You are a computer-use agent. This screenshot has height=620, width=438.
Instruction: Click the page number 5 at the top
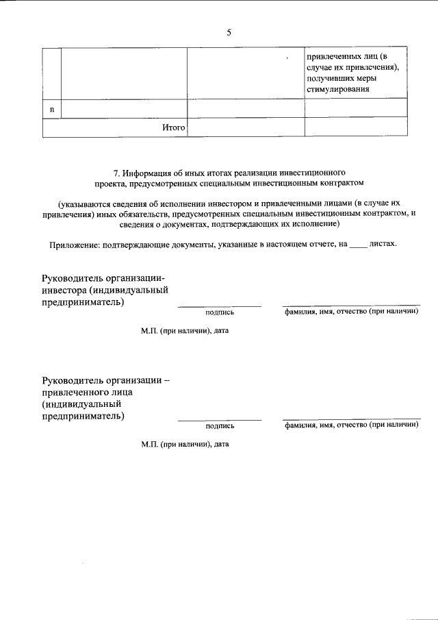[229, 32]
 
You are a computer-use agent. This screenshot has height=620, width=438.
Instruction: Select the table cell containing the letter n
[52, 108]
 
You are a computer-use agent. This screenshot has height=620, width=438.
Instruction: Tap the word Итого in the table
[174, 127]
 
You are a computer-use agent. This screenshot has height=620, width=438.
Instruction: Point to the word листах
[383, 244]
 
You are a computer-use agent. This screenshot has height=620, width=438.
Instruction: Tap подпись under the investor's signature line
[220, 312]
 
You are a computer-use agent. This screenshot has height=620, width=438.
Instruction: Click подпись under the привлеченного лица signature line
[220, 425]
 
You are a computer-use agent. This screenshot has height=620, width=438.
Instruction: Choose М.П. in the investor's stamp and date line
[149, 330]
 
